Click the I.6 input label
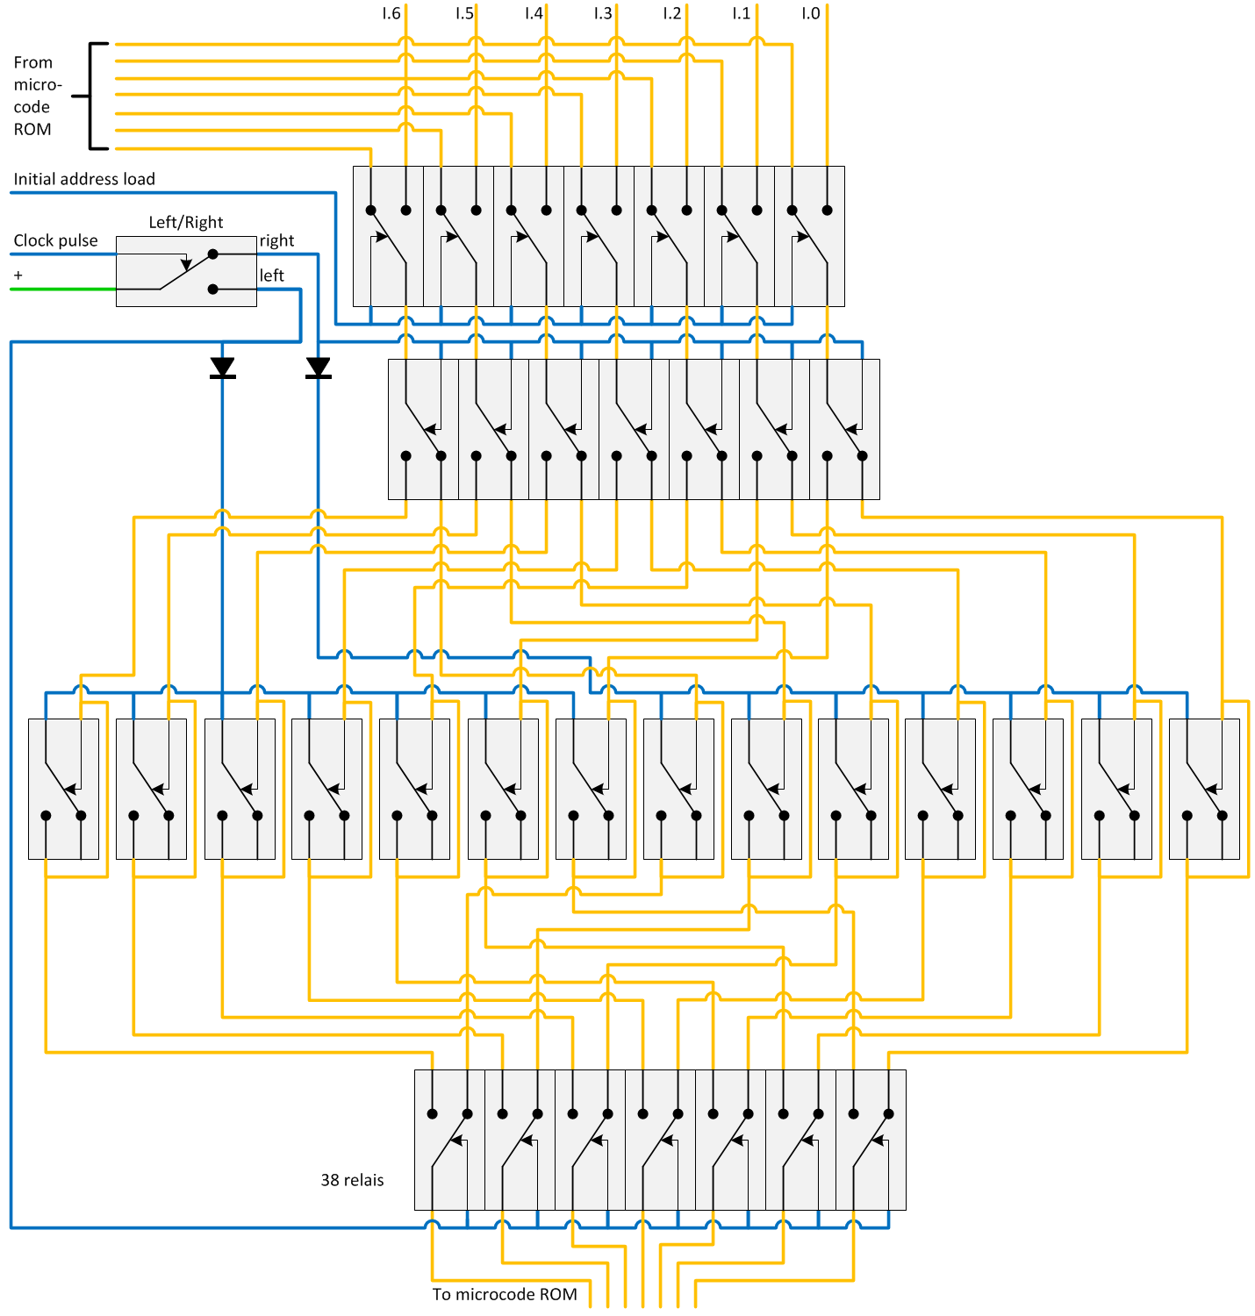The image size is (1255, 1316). point(391,13)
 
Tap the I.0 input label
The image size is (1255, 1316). point(810,13)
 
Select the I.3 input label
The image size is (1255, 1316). point(602,13)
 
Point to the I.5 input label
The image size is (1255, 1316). point(463,13)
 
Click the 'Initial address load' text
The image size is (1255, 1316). point(84,179)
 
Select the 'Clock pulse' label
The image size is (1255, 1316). point(55,240)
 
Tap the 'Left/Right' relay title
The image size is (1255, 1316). point(185,222)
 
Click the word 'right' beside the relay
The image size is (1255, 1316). point(276,240)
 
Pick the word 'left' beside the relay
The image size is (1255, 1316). point(271,275)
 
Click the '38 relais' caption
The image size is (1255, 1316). point(352,1180)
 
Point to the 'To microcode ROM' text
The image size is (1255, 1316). point(505,1294)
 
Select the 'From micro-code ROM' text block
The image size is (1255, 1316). point(36,96)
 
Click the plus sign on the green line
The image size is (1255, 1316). point(18,275)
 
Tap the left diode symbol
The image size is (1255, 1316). point(222,368)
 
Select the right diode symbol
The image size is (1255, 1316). point(318,368)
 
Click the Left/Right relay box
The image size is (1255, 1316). point(186,271)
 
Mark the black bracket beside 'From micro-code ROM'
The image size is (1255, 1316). point(93,96)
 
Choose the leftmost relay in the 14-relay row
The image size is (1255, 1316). point(63,789)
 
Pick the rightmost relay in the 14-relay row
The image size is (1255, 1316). point(1204,789)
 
